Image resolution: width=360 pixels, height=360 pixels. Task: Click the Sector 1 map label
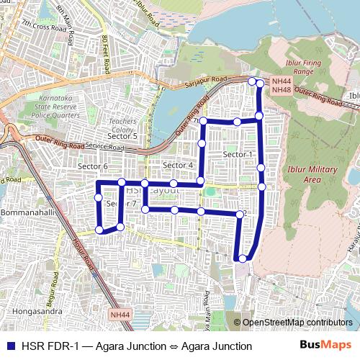(x=238, y=155)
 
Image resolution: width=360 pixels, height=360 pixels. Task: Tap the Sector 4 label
(x=179, y=166)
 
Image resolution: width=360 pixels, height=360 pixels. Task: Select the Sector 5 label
(x=122, y=135)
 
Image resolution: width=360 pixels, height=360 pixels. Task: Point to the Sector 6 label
(x=92, y=166)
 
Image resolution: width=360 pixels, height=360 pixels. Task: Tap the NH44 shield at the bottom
(x=121, y=314)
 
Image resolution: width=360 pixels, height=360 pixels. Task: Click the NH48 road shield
(x=281, y=90)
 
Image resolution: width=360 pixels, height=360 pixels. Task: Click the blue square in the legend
(x=9, y=346)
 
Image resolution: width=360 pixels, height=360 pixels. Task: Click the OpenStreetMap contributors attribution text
(x=297, y=323)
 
